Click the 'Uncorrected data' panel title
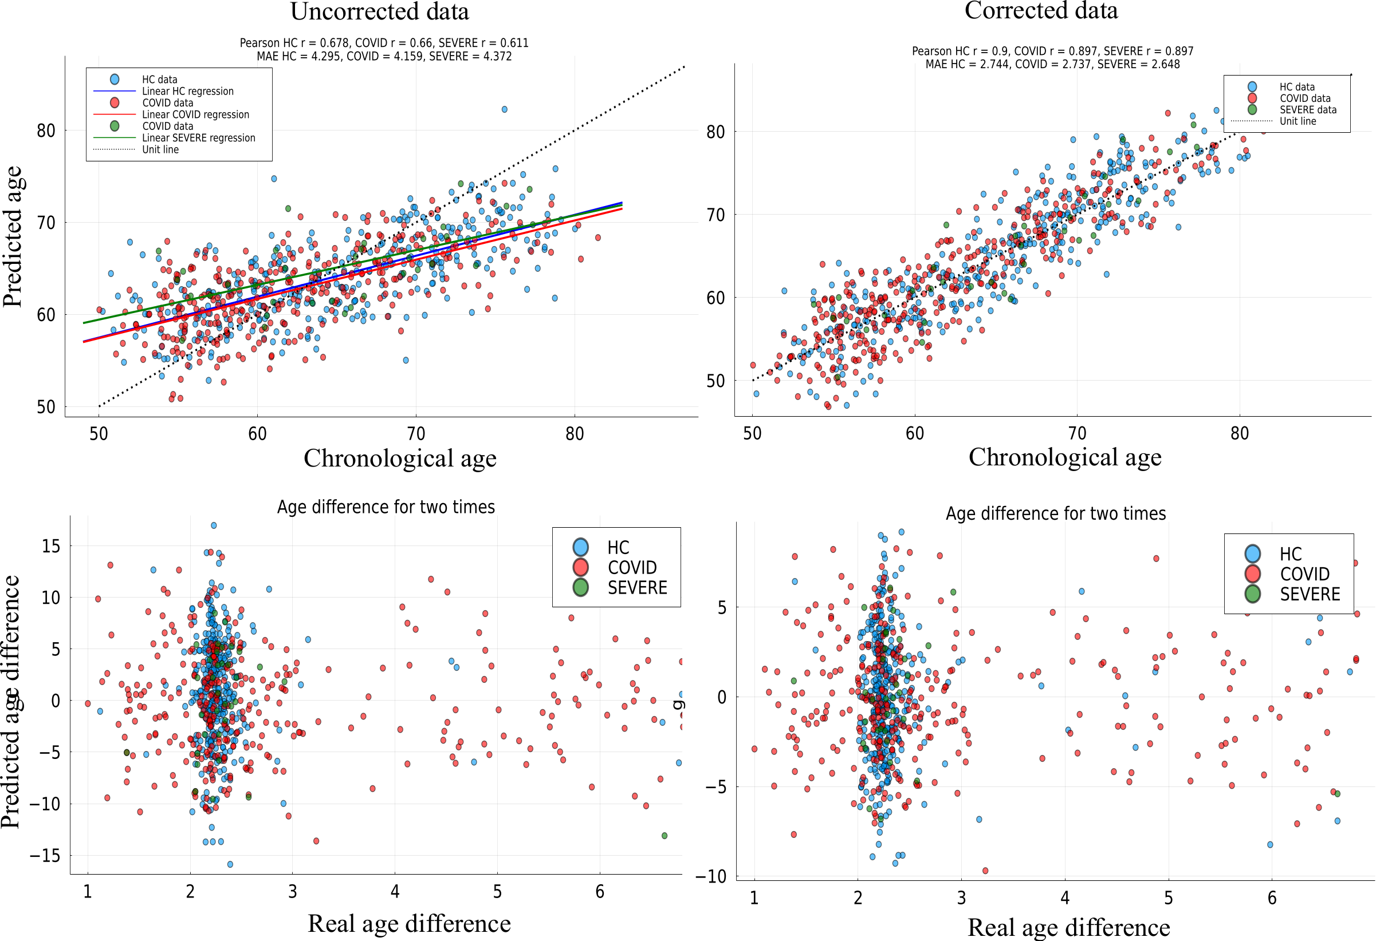[x=379, y=12]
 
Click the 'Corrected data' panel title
[x=1040, y=11]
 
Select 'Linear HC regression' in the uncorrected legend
[x=187, y=92]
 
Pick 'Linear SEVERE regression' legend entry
[x=198, y=137]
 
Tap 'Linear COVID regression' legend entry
[x=195, y=114]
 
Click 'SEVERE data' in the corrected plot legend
[x=1308, y=110]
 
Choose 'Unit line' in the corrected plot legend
[x=1298, y=121]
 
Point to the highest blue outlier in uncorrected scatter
[x=504, y=109]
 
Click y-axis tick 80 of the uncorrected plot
[x=46, y=131]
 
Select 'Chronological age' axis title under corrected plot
[x=1064, y=457]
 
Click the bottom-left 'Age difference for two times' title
[x=386, y=507]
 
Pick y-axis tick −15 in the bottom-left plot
[x=45, y=855]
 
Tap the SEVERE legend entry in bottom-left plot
[x=636, y=587]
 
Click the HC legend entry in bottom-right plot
[x=1290, y=553]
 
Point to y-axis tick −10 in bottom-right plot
[x=715, y=876]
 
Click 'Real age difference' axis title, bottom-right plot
[x=1068, y=927]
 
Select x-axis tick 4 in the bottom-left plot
[x=395, y=891]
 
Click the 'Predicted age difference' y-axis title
[x=11, y=701]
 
